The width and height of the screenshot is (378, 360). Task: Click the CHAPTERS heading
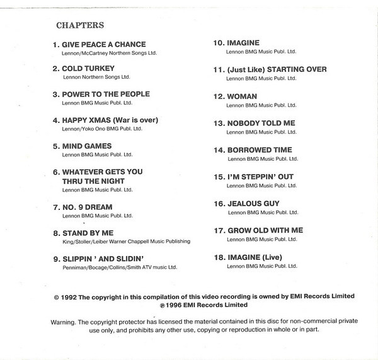coord(80,26)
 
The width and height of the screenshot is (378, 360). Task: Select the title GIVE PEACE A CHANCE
coord(103,45)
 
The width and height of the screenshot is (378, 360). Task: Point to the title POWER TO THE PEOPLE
coord(106,94)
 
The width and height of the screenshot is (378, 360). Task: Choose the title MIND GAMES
coord(87,146)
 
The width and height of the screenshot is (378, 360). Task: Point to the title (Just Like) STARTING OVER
coord(277,69)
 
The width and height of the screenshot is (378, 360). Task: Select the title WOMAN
coord(242,96)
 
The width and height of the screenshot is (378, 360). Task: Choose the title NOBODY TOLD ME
coord(260,124)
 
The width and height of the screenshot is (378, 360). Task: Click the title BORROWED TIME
coord(260,150)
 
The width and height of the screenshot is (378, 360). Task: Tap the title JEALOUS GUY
coord(253,204)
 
